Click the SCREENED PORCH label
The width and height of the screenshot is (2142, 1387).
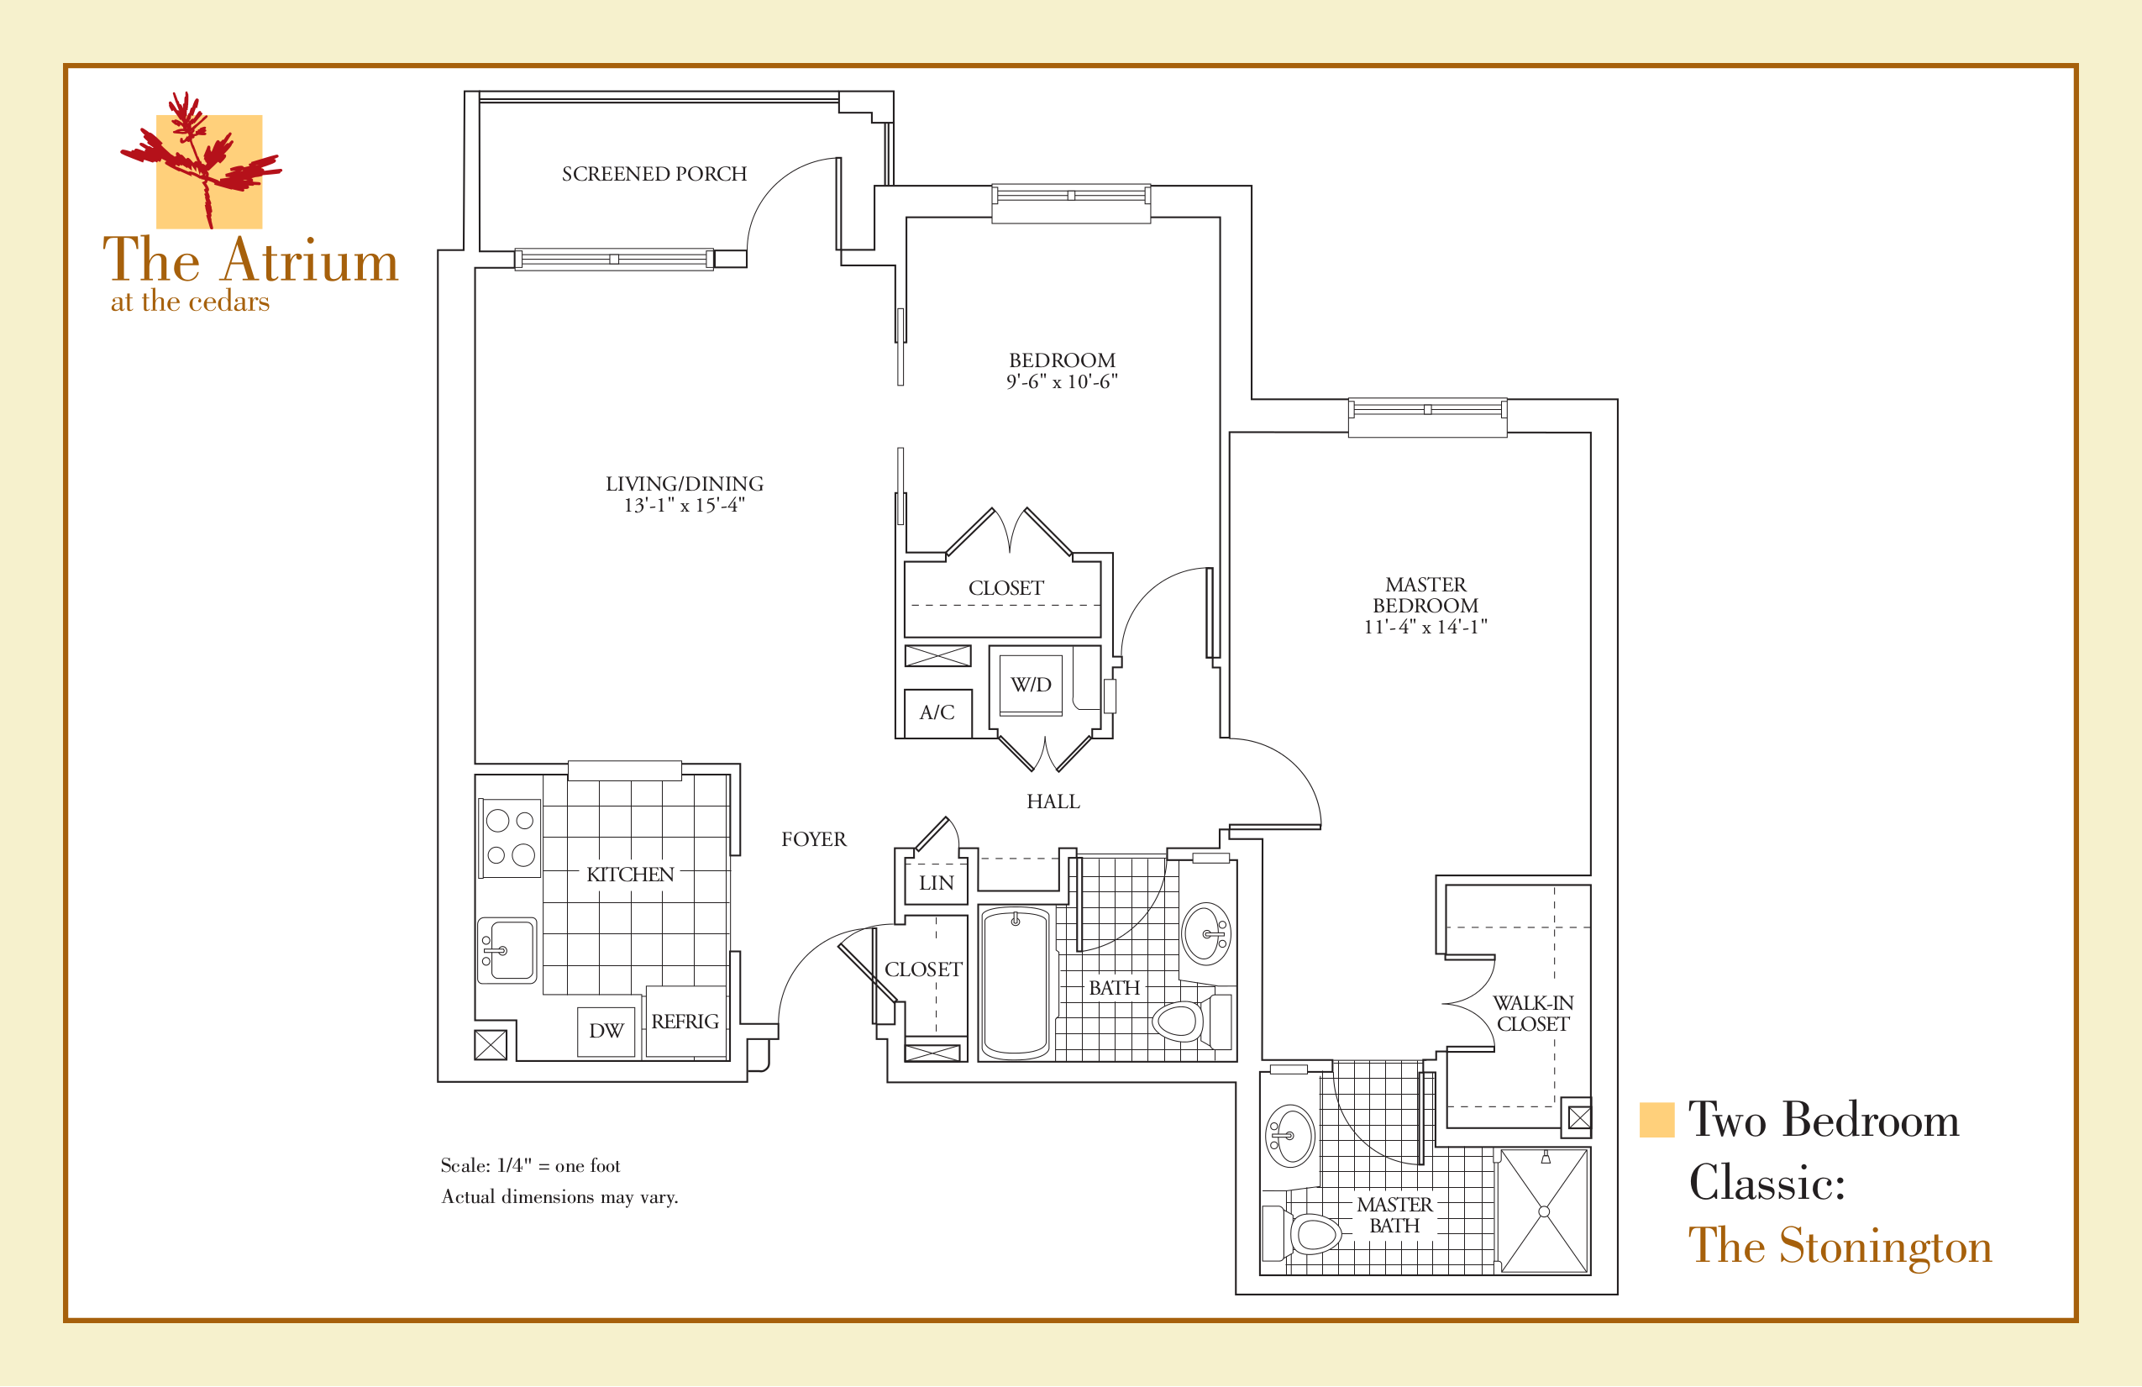pos(654,174)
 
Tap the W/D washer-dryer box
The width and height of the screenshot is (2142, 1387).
pos(1031,685)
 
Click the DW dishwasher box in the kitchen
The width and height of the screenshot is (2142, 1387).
pos(606,1032)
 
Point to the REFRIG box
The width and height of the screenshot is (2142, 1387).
pos(685,1022)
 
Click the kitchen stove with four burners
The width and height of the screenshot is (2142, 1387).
pos(509,838)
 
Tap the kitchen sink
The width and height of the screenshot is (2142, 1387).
pos(507,950)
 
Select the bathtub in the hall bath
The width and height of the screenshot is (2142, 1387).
pos(1016,983)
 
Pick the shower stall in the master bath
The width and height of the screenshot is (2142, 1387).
pos(1544,1211)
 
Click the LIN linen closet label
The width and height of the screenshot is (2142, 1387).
pos(936,883)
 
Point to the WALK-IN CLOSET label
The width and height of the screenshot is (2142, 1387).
pos(1533,1013)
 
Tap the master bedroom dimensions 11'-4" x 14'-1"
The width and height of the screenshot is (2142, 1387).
pos(1425,628)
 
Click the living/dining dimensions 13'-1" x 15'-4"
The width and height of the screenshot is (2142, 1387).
pos(684,506)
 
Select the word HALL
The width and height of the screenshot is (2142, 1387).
pos(1053,802)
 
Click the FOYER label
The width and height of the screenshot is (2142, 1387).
pos(814,840)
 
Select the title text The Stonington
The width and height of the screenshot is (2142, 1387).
pos(1839,1246)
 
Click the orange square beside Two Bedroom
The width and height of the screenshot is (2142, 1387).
pos(1656,1120)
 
